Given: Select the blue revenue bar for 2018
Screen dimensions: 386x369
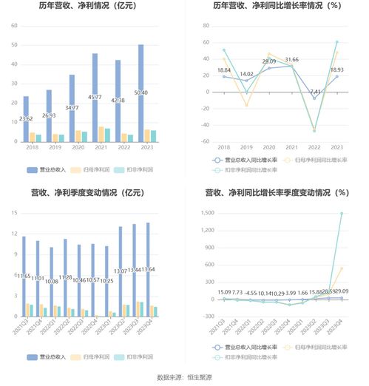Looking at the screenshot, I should click(26, 118).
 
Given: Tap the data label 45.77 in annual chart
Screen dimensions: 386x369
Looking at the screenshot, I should click(95, 97).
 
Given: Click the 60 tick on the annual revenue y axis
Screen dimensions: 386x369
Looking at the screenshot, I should click(13, 26).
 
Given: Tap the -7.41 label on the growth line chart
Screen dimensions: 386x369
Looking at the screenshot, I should click(314, 92).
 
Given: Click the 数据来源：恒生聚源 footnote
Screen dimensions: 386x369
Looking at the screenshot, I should click(184, 378).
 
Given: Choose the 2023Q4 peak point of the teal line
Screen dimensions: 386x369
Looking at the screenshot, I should click(342, 213).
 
